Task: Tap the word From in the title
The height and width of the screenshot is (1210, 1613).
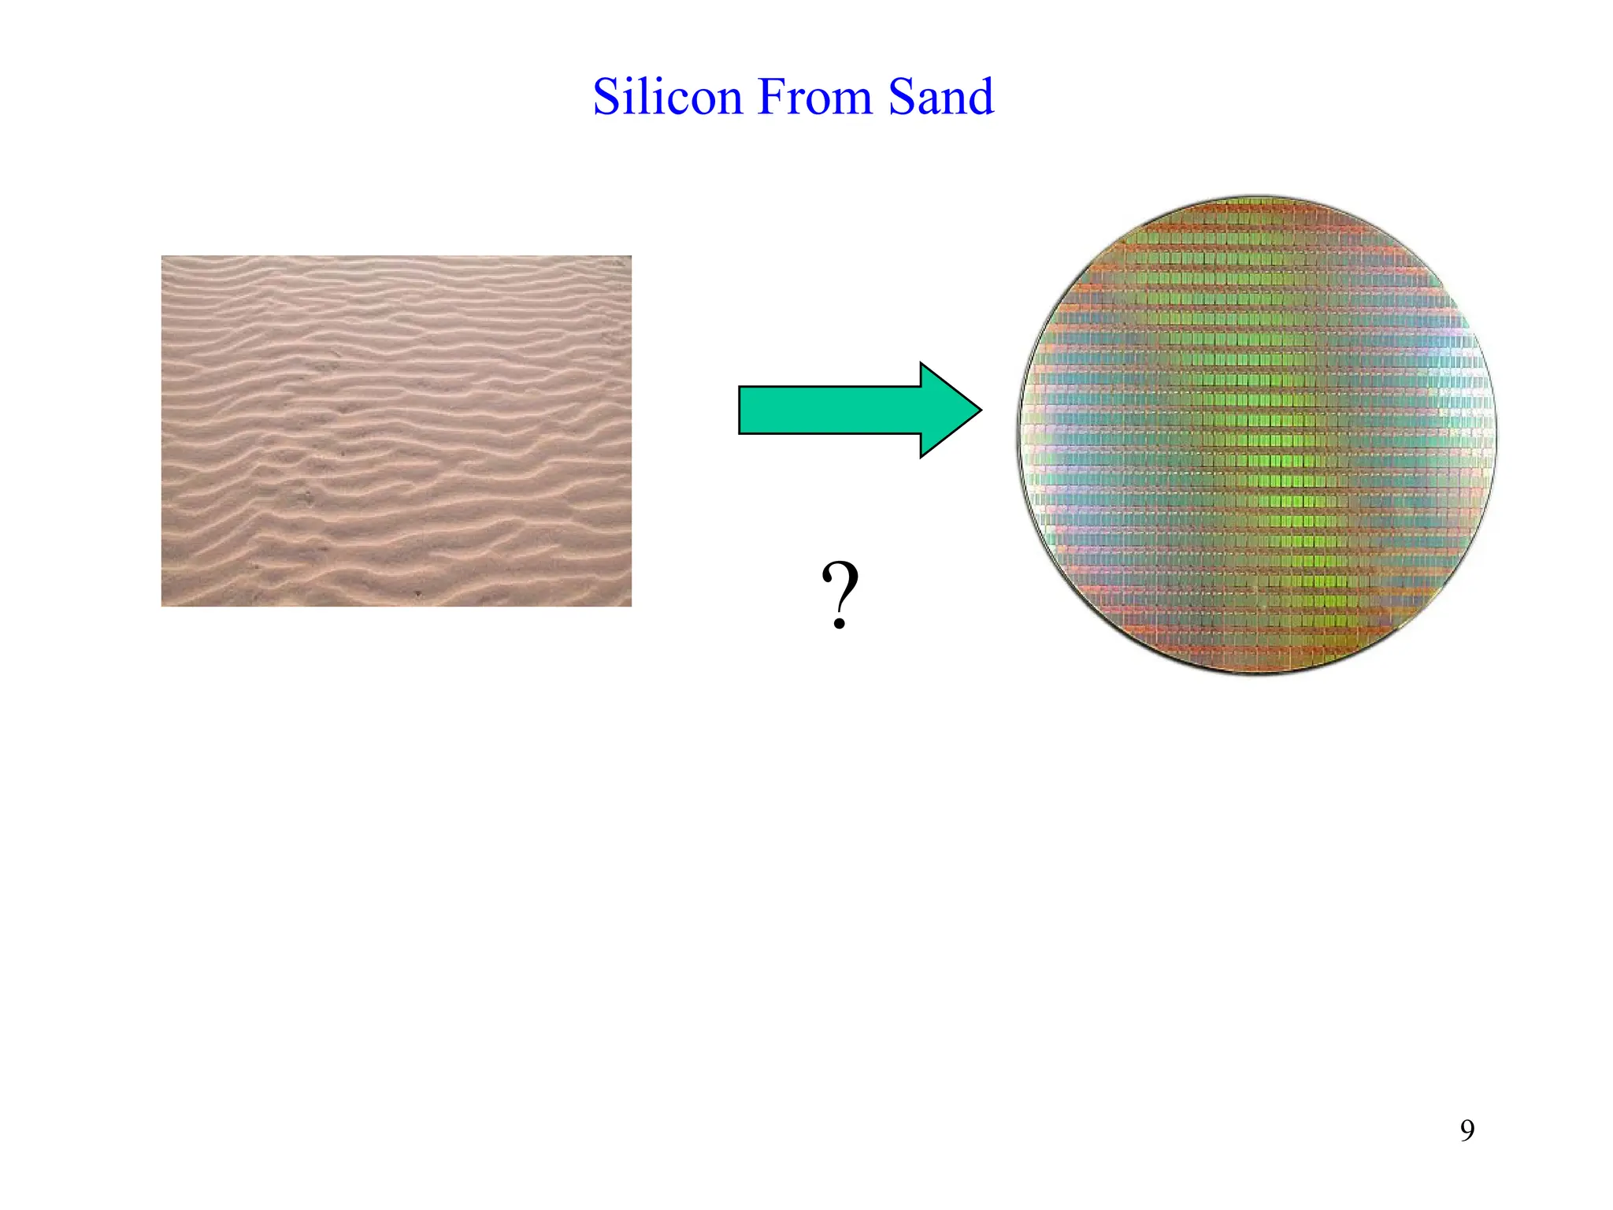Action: click(x=814, y=97)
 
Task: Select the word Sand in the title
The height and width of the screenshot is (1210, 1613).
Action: click(x=940, y=97)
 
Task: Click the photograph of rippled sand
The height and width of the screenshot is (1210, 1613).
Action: click(x=396, y=431)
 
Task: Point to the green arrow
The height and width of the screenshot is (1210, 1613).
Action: click(x=858, y=410)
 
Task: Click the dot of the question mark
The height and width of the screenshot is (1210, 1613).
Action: click(x=840, y=625)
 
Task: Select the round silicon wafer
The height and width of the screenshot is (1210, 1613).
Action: click(x=1256, y=435)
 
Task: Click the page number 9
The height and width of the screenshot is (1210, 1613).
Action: click(x=1467, y=1130)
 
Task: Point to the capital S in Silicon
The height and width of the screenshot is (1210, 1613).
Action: click(x=608, y=97)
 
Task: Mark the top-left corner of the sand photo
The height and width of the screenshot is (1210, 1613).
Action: click(x=162, y=257)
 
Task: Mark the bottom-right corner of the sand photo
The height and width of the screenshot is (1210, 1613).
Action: click(x=630, y=605)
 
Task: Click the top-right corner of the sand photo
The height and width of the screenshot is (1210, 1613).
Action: click(x=630, y=257)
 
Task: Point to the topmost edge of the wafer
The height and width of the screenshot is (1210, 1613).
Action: click(x=1256, y=198)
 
